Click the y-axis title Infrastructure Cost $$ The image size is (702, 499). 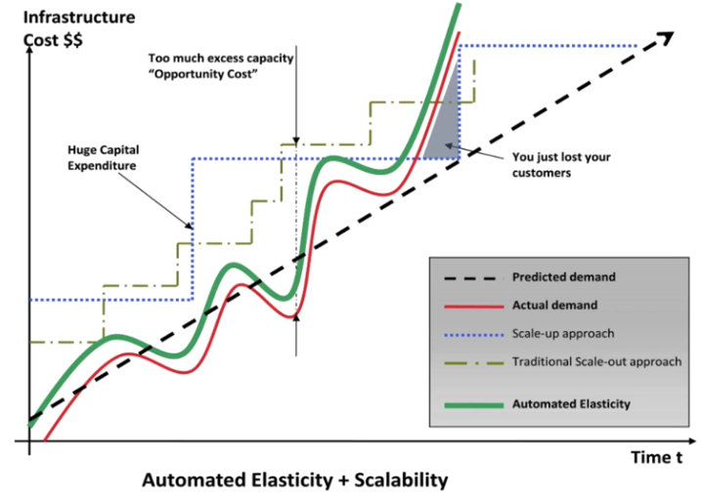(x=79, y=28)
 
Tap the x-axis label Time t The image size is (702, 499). (x=657, y=457)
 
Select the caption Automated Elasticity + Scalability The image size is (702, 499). (x=295, y=479)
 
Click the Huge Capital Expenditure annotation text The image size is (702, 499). (x=104, y=157)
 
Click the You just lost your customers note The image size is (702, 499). (x=561, y=165)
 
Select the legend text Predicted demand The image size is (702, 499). (x=564, y=277)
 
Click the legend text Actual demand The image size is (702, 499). (x=554, y=306)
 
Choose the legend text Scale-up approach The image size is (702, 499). (x=563, y=334)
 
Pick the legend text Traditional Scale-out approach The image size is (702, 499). (x=596, y=361)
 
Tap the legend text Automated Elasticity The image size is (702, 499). (x=571, y=403)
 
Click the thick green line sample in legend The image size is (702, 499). (x=474, y=405)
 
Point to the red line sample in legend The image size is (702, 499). (x=474, y=307)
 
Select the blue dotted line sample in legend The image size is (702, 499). (x=474, y=335)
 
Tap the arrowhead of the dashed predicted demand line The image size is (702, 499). (x=668, y=37)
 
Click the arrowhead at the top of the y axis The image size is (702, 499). (x=29, y=49)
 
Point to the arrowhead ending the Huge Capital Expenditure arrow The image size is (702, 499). (x=190, y=226)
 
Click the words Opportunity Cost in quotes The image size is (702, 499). (x=203, y=74)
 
